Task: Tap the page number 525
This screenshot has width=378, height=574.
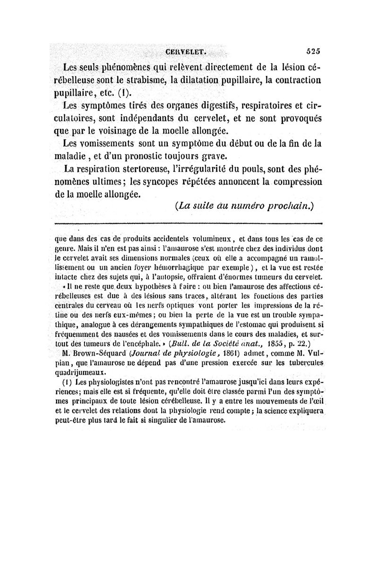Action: coord(313,51)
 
